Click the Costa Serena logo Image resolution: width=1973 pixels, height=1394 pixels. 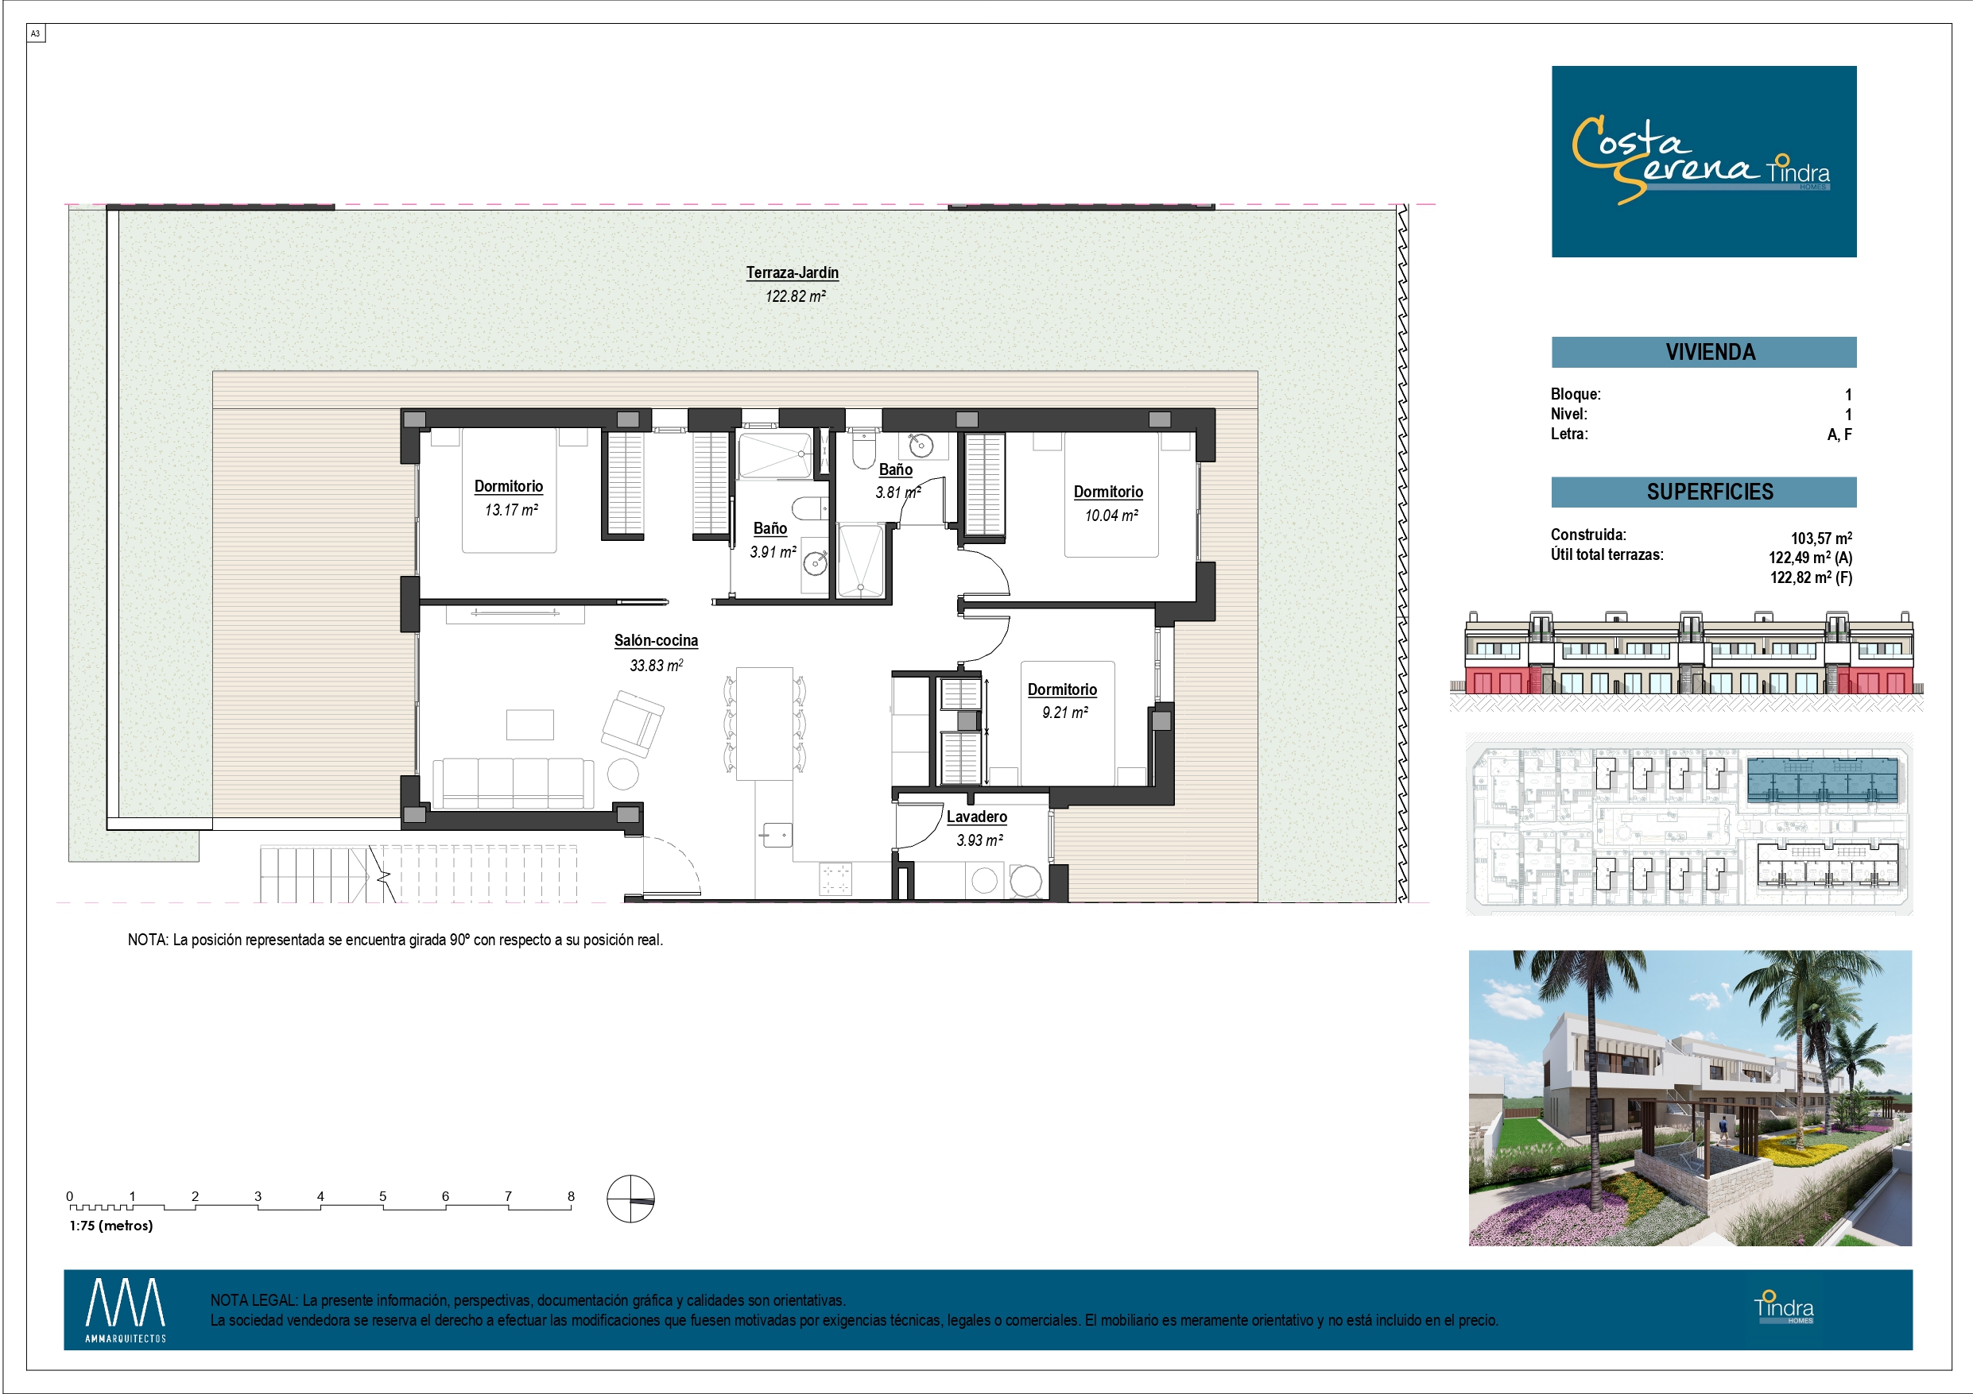pyautogui.click(x=1704, y=161)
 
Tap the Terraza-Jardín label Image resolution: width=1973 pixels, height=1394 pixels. pyautogui.click(x=793, y=273)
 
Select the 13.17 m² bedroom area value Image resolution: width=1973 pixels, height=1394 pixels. pyautogui.click(x=511, y=510)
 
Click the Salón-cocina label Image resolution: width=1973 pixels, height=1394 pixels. pyautogui.click(x=656, y=641)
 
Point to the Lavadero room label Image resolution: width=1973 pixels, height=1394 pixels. pyautogui.click(x=977, y=817)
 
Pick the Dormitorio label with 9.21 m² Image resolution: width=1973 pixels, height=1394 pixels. pyautogui.click(x=1062, y=689)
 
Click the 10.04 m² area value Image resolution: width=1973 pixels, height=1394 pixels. pyautogui.click(x=1112, y=516)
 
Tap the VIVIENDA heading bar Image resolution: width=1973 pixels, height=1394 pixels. pyautogui.click(x=1704, y=352)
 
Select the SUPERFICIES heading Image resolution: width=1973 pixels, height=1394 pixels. pyautogui.click(x=1710, y=492)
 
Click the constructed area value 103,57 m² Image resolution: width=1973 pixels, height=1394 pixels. pyautogui.click(x=1821, y=539)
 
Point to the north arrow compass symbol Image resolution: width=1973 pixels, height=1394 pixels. pyautogui.click(x=630, y=1198)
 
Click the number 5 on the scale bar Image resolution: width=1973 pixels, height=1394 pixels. pyautogui.click(x=383, y=1196)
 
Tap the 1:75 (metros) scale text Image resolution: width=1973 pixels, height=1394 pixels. pyautogui.click(x=110, y=1226)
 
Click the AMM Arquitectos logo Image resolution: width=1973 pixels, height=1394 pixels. pyautogui.click(x=126, y=1310)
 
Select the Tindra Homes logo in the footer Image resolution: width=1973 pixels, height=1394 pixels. pyautogui.click(x=1784, y=1307)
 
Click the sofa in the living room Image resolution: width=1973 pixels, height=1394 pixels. pyautogui.click(x=513, y=783)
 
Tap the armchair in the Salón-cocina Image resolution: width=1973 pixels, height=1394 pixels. pyautogui.click(x=633, y=724)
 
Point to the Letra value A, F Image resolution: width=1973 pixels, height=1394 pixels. pyautogui.click(x=1839, y=434)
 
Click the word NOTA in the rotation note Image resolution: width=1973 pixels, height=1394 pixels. pyautogui.click(x=148, y=940)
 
